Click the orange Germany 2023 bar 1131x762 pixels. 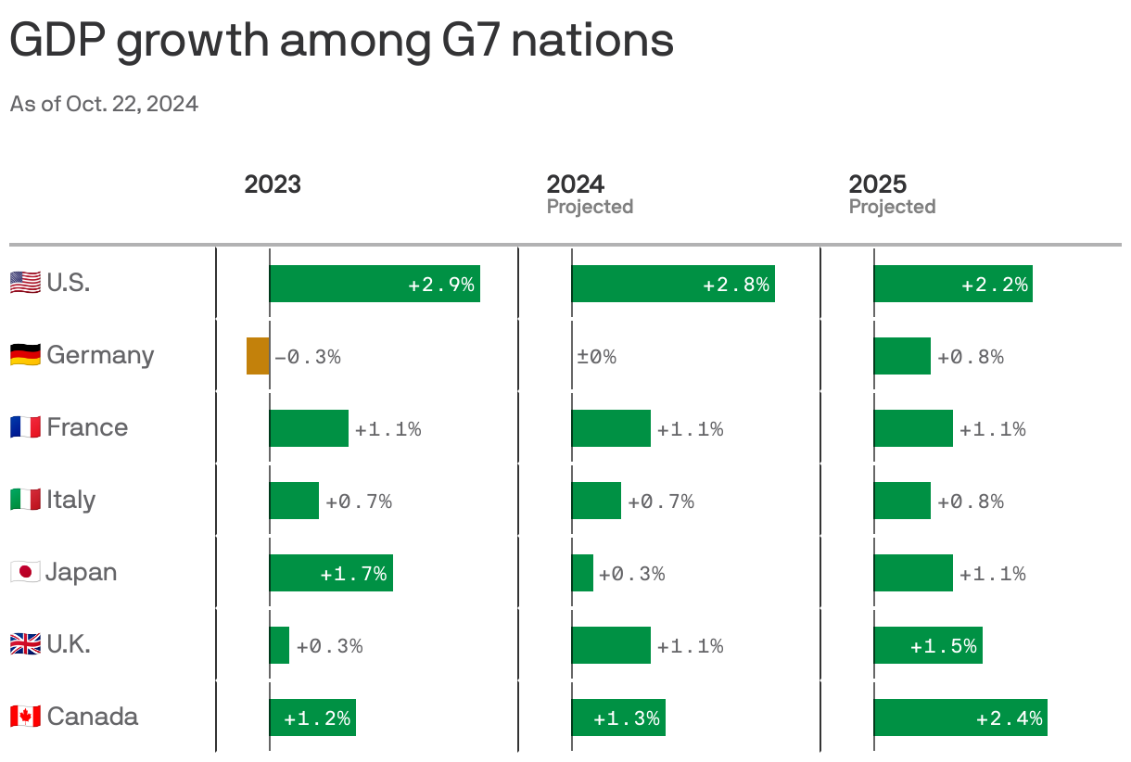258,356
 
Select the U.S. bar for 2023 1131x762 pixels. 375,284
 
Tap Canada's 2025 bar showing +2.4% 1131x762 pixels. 959,718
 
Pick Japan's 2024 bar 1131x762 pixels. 582,573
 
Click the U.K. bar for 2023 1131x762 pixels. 279,645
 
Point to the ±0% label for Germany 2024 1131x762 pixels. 597,357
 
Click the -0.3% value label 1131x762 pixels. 308,357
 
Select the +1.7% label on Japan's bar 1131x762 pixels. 353,574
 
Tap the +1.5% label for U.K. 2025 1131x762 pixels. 944,646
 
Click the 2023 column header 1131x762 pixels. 273,184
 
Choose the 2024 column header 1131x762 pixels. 575,184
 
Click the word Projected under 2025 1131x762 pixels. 892,207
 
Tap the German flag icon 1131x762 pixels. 25,355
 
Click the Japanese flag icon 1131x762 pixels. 25,572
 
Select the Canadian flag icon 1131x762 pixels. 25,717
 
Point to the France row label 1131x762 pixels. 87,427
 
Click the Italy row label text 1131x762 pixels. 71,500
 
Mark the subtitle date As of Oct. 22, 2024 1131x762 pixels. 104,104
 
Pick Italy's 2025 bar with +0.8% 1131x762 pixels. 901,501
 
